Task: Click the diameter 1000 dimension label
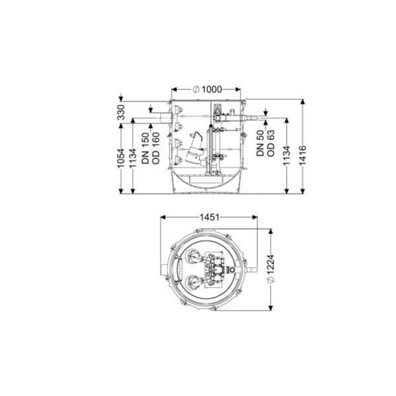[x=207, y=89]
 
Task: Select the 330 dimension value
[x=121, y=112]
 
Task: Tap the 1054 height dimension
[x=121, y=158]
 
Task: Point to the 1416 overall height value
[x=302, y=155]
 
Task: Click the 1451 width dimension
[x=210, y=217]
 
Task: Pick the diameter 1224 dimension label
[x=271, y=269]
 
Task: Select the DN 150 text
[x=145, y=148]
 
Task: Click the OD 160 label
[x=156, y=148]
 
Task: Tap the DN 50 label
[x=260, y=143]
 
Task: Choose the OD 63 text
[x=271, y=143]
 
